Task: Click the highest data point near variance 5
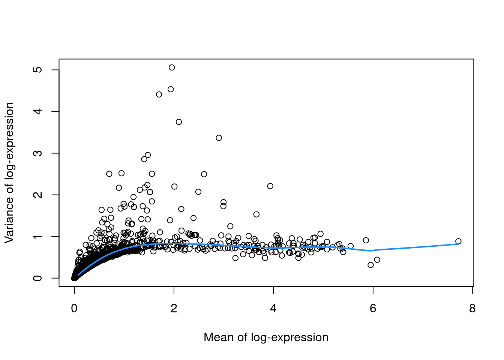[172, 67]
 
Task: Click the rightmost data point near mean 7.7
[458, 241]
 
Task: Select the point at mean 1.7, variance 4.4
[159, 94]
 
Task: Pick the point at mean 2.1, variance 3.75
[179, 122]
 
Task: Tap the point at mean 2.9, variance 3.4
[219, 138]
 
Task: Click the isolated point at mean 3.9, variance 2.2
[270, 186]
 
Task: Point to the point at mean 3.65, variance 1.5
[256, 214]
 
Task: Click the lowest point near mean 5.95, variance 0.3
[371, 265]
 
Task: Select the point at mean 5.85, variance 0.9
[366, 240]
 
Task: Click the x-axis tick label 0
[74, 308]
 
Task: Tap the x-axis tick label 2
[174, 308]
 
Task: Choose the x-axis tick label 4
[273, 308]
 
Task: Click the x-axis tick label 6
[373, 308]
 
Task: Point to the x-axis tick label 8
[472, 308]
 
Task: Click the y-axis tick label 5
[37, 70]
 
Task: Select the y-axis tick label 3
[37, 153]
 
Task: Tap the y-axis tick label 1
[37, 237]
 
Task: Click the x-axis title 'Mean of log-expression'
[266, 337]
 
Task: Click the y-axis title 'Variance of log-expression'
[9, 172]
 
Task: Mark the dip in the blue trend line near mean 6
[370, 250]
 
